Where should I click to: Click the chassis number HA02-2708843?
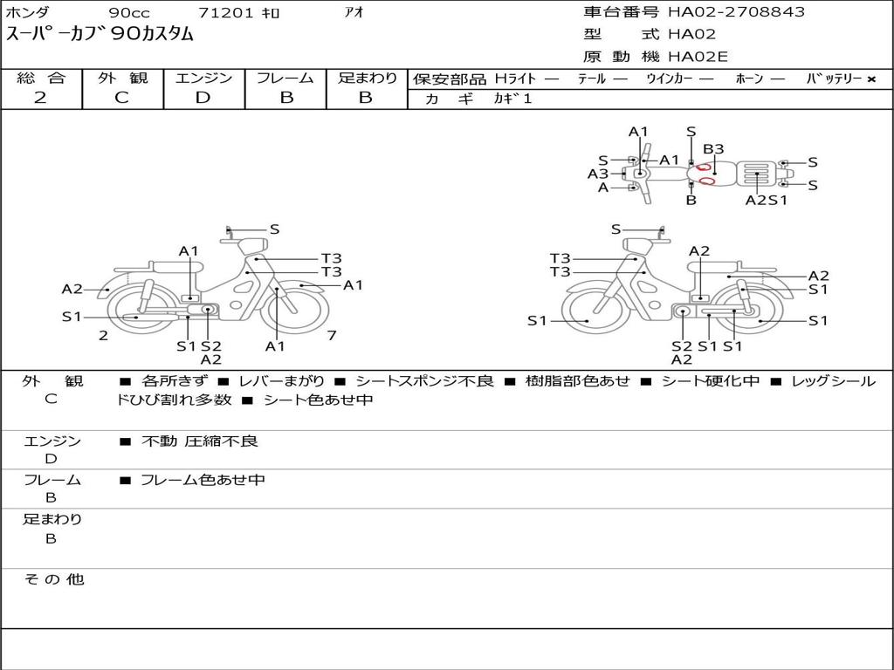[736, 11]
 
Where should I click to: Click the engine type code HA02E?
[698, 57]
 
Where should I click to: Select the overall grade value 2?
[40, 98]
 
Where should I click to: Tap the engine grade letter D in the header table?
[203, 98]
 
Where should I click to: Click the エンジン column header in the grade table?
[203, 78]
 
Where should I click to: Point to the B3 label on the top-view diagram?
[713, 148]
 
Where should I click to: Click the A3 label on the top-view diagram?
[598, 174]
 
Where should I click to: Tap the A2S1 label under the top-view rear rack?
[767, 200]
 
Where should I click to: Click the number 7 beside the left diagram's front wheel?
[332, 335]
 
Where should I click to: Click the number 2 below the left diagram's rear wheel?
[103, 335]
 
